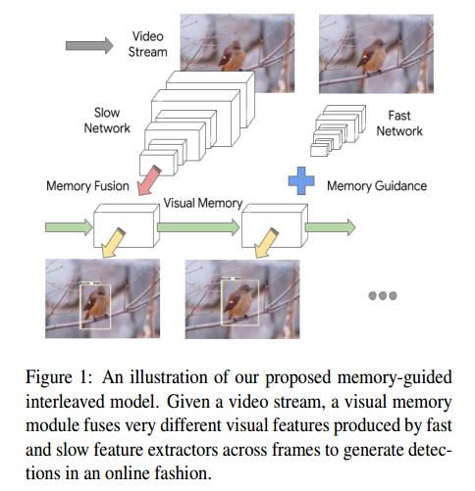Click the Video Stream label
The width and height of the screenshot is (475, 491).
point(149,43)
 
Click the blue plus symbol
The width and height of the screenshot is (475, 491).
point(297,180)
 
